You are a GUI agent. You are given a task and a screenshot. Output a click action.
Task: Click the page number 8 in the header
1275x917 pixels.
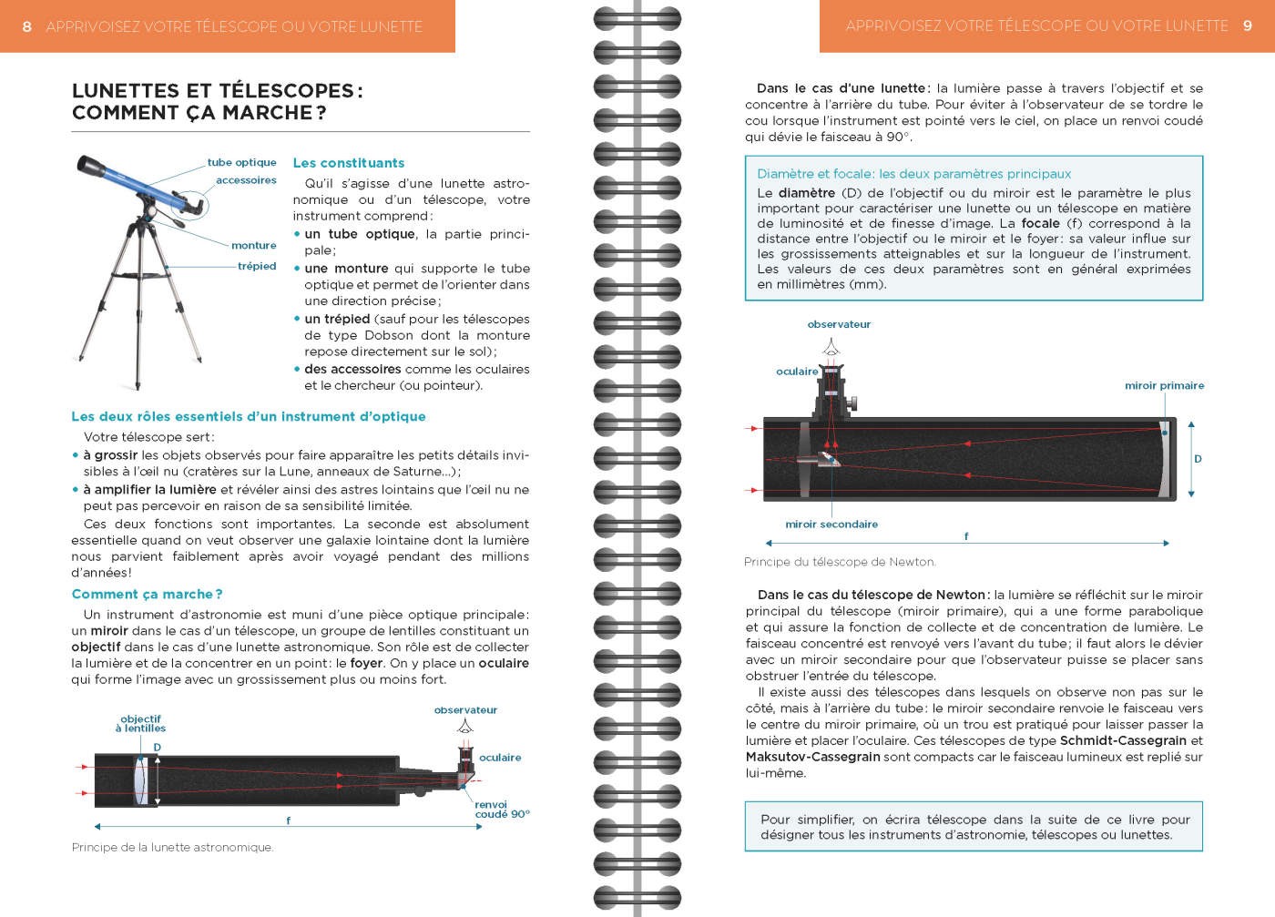pos(26,26)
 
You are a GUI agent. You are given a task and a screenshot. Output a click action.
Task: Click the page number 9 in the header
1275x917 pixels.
pos(1248,25)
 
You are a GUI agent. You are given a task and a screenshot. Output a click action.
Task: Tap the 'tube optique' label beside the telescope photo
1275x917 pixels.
pos(241,162)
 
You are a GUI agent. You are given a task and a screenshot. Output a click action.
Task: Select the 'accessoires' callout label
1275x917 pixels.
pos(246,180)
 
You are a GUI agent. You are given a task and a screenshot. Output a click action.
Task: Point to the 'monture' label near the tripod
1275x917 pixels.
pos(253,245)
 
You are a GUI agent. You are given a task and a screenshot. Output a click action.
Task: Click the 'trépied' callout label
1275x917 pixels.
pos(257,266)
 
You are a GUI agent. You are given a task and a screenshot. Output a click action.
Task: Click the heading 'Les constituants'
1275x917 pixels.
pos(348,163)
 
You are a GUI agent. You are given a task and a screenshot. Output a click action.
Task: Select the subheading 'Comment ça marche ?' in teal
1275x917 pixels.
pos(147,594)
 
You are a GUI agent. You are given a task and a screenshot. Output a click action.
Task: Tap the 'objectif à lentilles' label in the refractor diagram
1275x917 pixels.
pos(140,723)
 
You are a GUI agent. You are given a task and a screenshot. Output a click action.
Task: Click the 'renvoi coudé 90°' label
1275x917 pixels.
pos(502,809)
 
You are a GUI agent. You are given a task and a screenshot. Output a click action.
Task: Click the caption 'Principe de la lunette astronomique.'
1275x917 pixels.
pos(172,847)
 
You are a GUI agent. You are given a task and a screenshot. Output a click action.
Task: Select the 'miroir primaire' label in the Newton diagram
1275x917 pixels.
pos(1164,385)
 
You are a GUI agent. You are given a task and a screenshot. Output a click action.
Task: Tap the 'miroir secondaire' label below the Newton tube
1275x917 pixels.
pos(831,524)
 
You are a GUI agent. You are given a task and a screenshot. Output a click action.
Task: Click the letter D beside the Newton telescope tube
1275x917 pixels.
pos(1198,459)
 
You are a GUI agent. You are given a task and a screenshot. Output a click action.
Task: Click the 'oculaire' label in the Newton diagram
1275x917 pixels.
pos(797,372)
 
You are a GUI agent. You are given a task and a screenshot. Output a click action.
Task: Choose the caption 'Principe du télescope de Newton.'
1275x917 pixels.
pos(840,562)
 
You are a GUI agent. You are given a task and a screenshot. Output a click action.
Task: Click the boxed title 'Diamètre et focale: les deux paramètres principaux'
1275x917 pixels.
pos(913,173)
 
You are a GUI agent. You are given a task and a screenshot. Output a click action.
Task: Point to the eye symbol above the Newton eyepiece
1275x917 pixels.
pos(831,347)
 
